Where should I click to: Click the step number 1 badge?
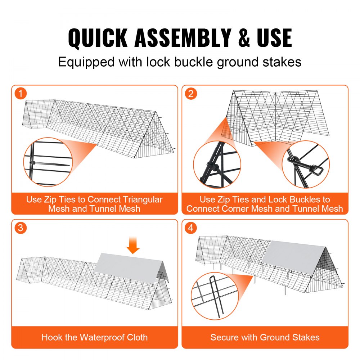point(21,94)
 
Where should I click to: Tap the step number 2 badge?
point(191,94)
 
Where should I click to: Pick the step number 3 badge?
point(21,228)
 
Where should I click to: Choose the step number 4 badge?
point(191,228)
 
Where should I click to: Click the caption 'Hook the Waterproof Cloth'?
point(94,337)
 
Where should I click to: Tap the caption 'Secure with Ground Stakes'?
point(265,337)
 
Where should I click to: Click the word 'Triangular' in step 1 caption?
point(143,199)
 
